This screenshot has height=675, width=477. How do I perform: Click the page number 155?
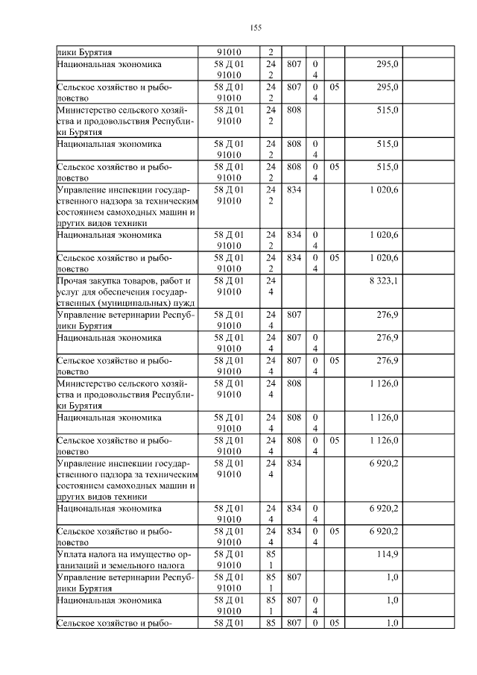pos(255,28)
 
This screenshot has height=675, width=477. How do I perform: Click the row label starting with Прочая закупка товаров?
pos(125,292)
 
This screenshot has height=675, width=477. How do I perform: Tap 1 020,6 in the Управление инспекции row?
pos(383,190)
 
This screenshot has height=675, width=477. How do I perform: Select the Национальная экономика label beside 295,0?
pos(110,65)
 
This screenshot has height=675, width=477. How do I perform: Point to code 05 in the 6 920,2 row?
pos(334,531)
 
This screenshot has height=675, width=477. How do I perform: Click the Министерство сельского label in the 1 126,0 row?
pos(125,394)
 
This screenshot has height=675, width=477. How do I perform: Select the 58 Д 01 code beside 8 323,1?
pos(229,286)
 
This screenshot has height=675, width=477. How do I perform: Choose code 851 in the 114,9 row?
pos(270,559)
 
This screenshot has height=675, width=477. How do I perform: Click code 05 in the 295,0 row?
pos(334,87)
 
